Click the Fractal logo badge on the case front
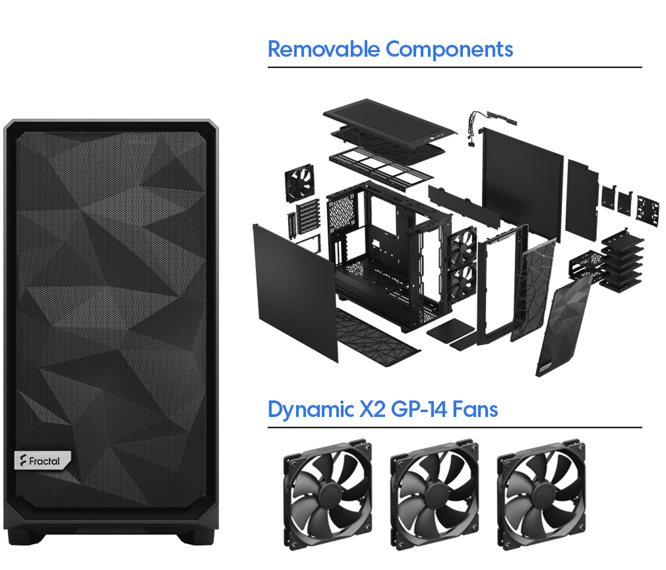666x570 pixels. (43, 460)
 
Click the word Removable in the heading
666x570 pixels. (324, 49)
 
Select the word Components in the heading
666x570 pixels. (449, 50)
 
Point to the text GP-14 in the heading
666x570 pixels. (419, 410)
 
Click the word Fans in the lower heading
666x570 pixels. (475, 410)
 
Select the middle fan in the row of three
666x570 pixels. (434, 495)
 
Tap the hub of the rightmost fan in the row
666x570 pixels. (542, 495)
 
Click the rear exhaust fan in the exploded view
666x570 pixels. (299, 182)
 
